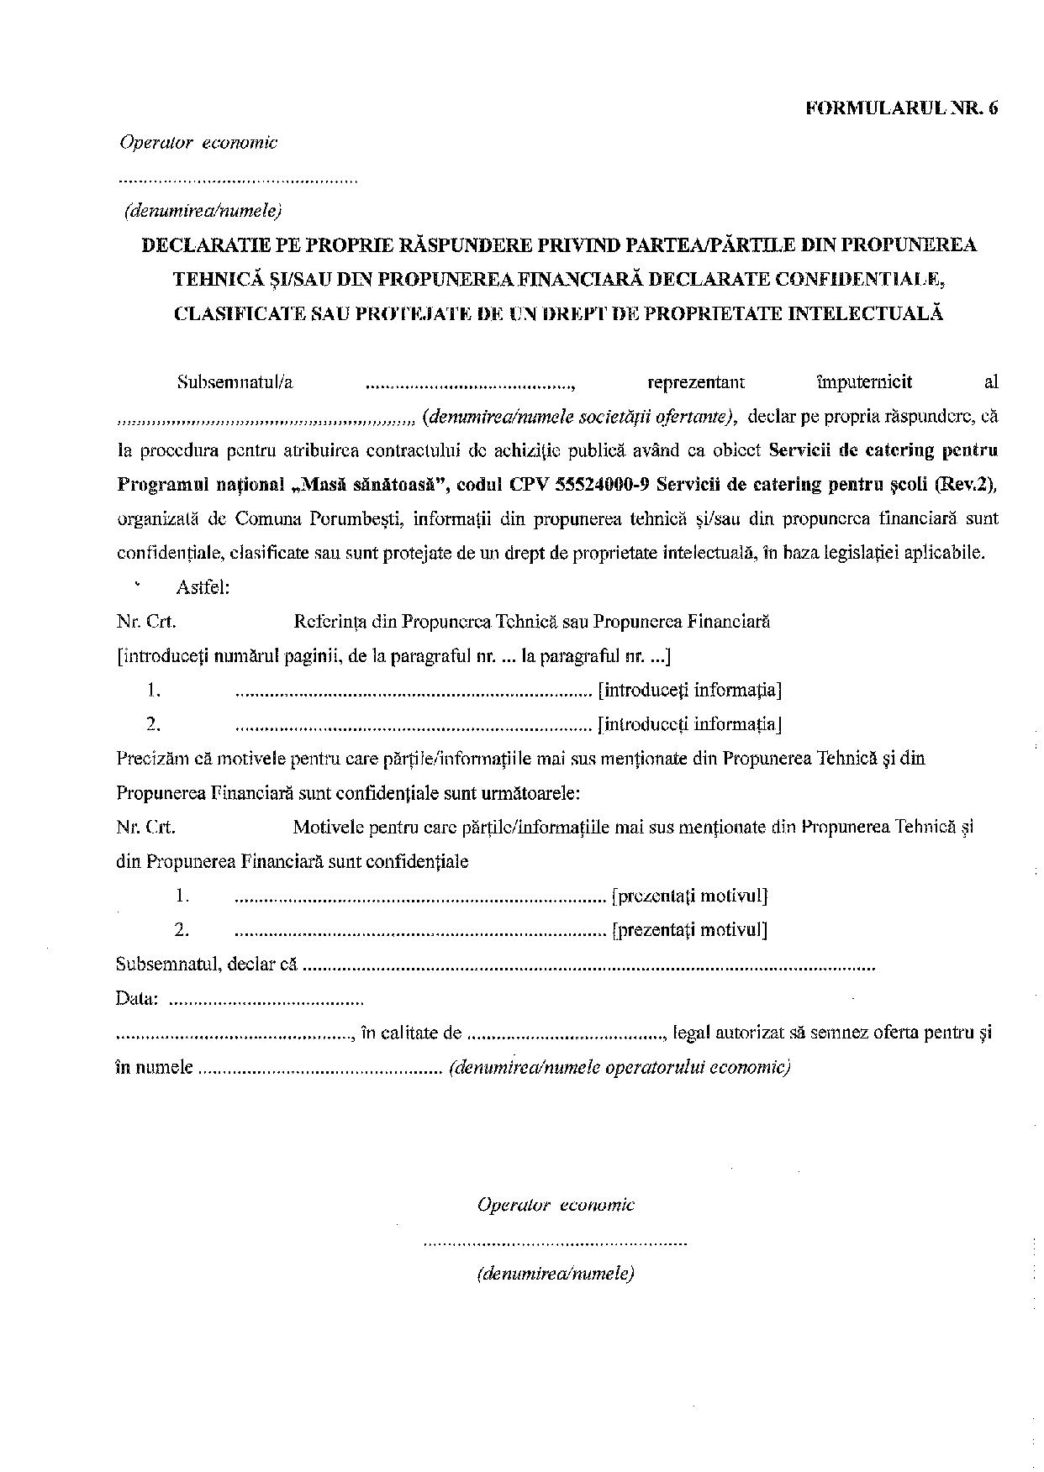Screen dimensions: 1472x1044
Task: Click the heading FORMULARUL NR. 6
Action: coord(902,108)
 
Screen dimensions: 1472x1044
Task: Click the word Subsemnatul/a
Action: coord(235,382)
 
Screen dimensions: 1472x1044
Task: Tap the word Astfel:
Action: coord(203,587)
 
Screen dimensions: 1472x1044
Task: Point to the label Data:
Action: coord(136,999)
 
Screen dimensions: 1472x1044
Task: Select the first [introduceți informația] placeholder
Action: coord(689,691)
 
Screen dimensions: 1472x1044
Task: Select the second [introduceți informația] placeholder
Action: coord(689,724)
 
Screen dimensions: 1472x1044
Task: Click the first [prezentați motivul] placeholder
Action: coord(690,896)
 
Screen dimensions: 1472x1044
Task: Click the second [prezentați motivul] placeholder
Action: coord(690,930)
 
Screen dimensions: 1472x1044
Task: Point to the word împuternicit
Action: coord(863,382)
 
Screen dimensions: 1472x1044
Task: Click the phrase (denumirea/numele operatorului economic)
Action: coord(620,1068)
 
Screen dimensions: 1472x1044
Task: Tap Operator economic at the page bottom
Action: coord(556,1205)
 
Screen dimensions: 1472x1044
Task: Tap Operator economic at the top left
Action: coord(198,143)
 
